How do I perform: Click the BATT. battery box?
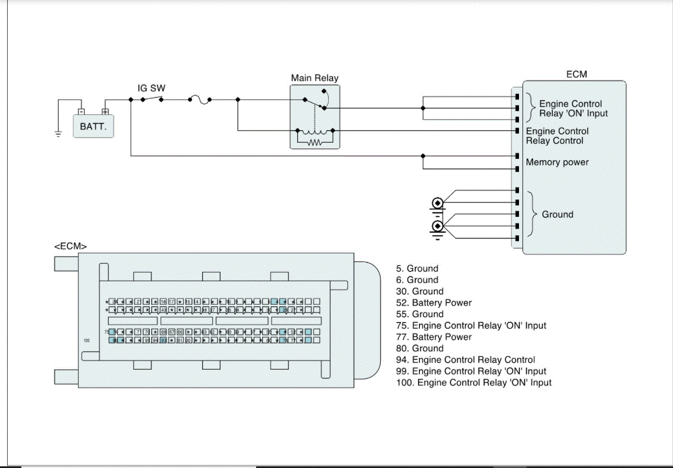(93, 126)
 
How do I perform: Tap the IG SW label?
(151, 88)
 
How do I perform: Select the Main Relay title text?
(314, 78)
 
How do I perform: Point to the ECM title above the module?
(576, 74)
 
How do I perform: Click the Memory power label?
(557, 162)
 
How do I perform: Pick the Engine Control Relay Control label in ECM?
(557, 136)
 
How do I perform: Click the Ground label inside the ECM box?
(557, 215)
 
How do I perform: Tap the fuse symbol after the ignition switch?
(199, 100)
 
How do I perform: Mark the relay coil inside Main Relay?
(314, 132)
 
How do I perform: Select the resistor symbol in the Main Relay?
(314, 143)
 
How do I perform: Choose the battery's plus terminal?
(105, 111)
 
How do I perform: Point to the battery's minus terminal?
(81, 111)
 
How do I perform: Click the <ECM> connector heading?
(70, 246)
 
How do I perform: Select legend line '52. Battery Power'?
(434, 303)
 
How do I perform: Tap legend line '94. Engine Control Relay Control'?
(465, 359)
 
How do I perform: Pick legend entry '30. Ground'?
(420, 291)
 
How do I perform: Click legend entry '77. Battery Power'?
(434, 337)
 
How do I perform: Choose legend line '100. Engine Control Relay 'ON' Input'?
(474, 382)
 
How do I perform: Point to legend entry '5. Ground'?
(417, 268)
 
